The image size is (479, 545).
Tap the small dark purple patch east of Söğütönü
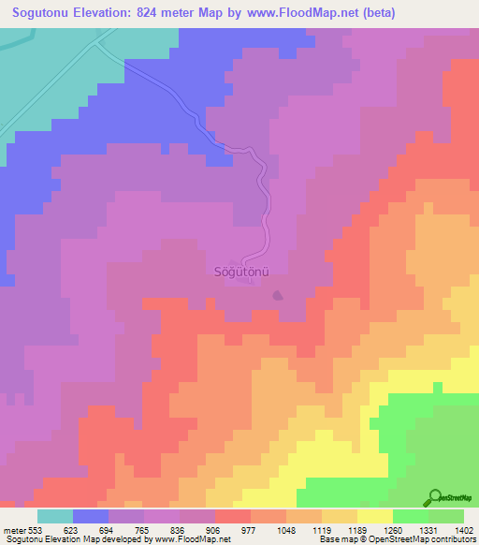277,296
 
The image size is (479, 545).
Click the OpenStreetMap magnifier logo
433,497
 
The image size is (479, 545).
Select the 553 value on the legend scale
36,530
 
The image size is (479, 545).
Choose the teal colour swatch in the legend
55,516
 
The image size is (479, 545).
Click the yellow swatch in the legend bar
375,516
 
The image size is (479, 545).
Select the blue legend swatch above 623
91,516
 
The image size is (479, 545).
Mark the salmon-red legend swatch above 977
233,516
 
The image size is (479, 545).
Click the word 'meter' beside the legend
12,530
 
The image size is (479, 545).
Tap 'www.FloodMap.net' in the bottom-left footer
191,540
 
